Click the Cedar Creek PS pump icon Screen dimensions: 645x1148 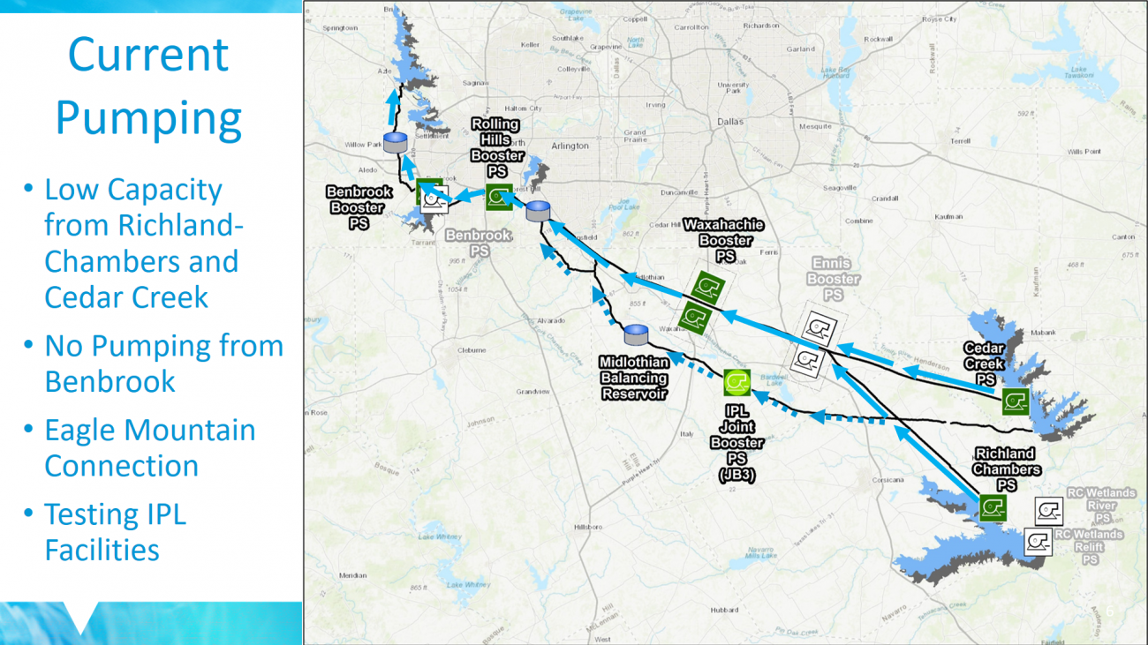(x=1016, y=402)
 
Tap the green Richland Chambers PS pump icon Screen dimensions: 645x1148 (x=993, y=507)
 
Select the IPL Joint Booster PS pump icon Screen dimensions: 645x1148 (x=736, y=382)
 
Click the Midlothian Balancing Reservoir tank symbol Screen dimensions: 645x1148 (x=636, y=335)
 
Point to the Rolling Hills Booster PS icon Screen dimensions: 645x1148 (x=499, y=197)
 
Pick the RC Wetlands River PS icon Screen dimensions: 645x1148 (x=1048, y=512)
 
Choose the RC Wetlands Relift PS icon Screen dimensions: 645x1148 (x=1038, y=541)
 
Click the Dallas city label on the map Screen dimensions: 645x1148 (x=730, y=122)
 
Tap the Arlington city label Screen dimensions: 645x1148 (x=570, y=146)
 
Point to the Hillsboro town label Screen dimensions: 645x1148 (x=587, y=527)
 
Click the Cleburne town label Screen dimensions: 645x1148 (x=472, y=349)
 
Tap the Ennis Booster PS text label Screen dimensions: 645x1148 (x=832, y=279)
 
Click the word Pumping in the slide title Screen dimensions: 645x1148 (x=148, y=117)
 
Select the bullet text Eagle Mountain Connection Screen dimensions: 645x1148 (x=149, y=447)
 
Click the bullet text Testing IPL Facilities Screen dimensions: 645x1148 (x=115, y=531)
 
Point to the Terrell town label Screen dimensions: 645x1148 (x=960, y=141)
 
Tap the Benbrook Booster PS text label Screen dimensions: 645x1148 (x=359, y=207)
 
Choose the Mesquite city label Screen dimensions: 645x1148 (x=815, y=126)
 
